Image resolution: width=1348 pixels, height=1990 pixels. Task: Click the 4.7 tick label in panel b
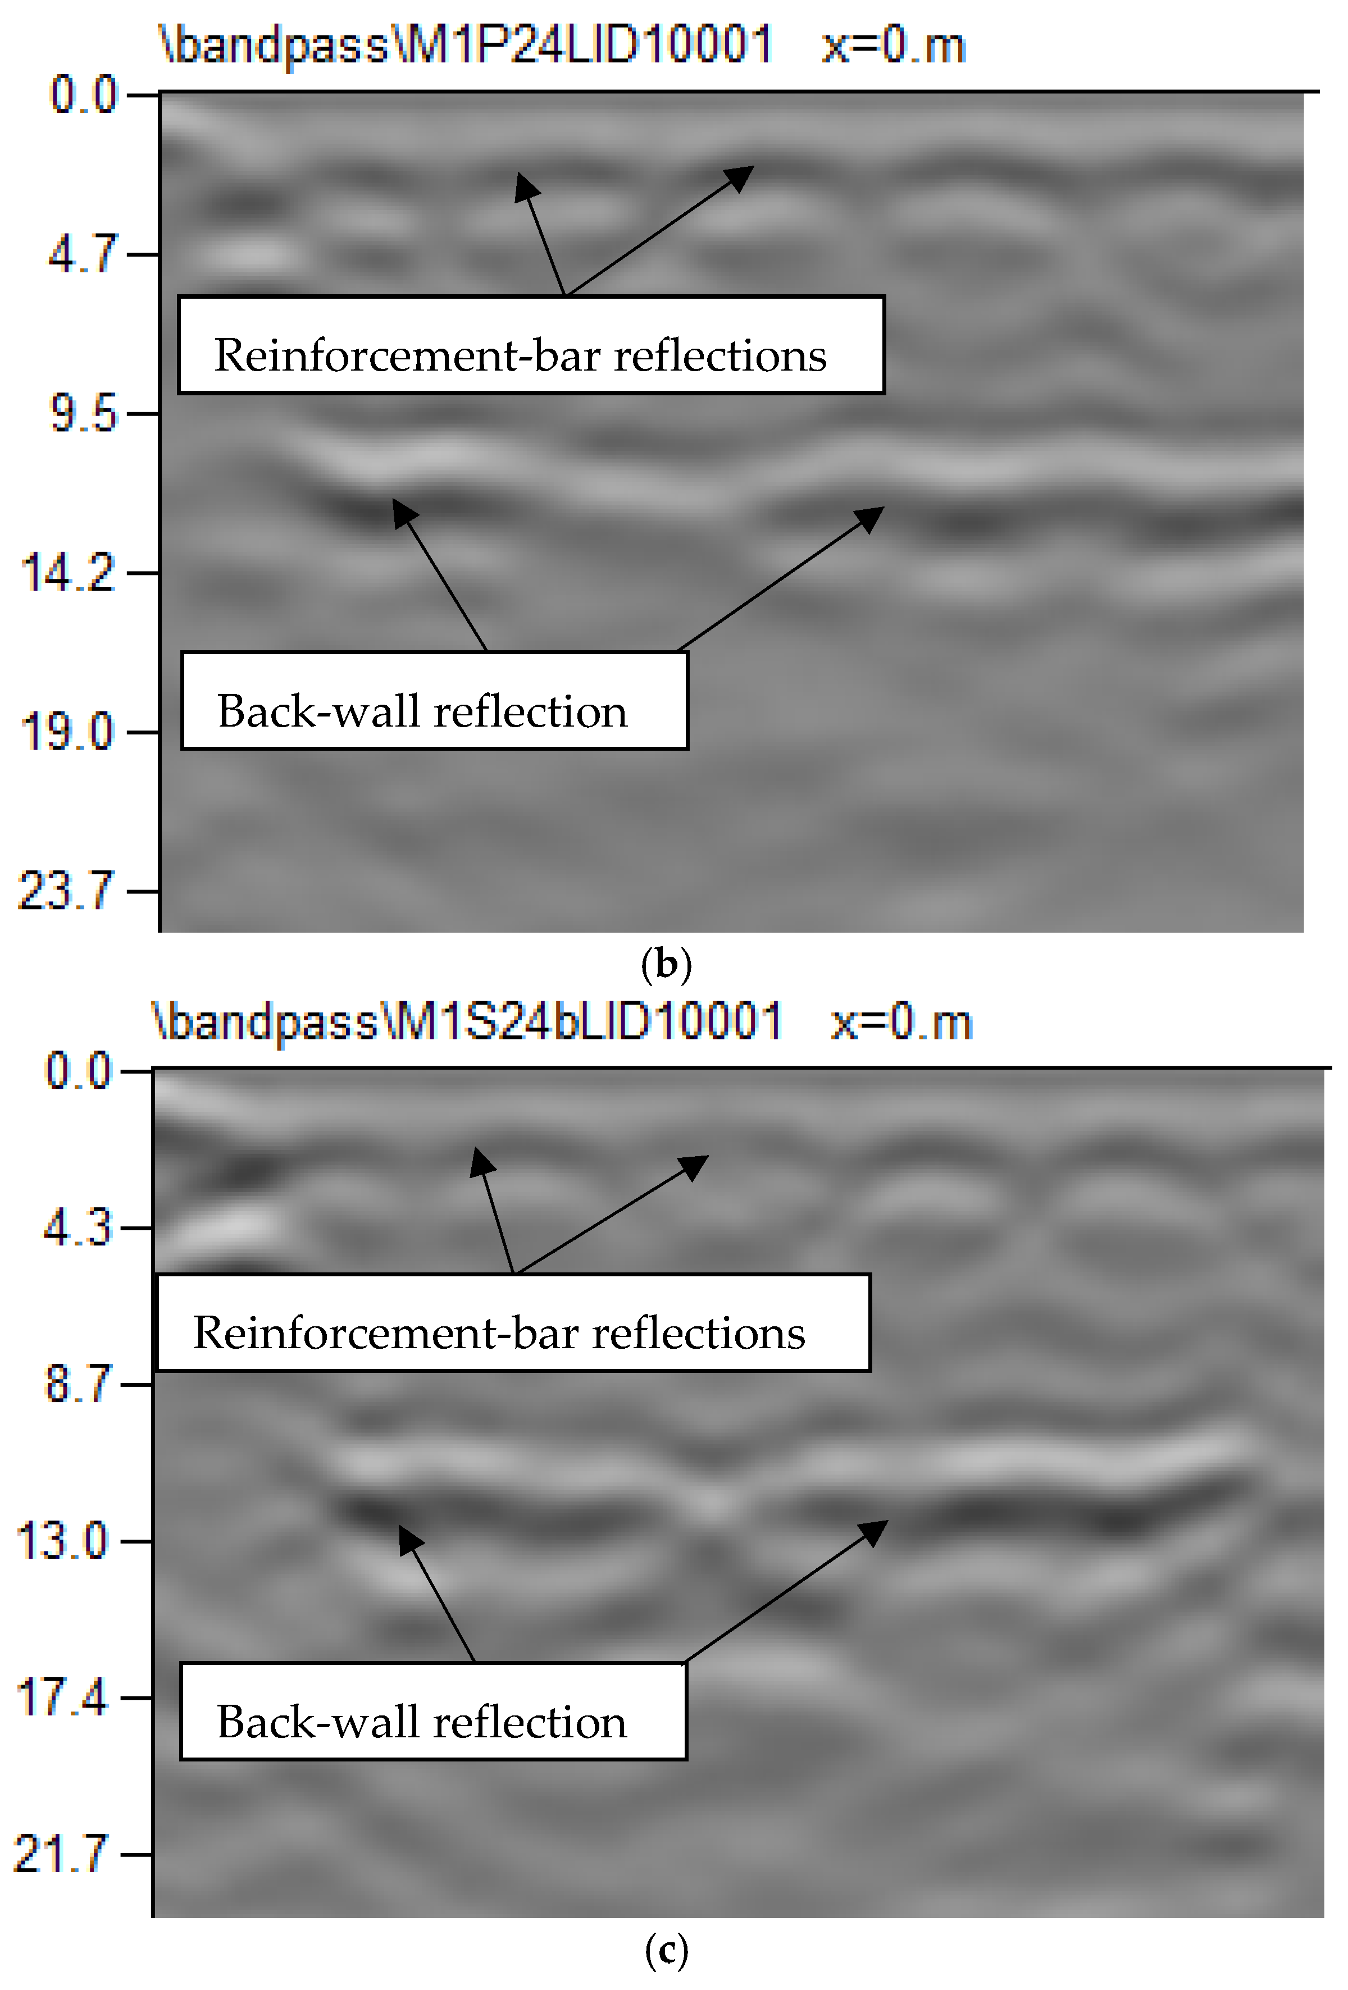82,254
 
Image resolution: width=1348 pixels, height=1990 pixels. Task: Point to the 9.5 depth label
82,414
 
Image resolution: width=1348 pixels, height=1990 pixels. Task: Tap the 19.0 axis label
67,732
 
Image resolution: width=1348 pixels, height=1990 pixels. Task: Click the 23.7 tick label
65,891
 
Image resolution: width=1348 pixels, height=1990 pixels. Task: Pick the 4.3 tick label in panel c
77,1229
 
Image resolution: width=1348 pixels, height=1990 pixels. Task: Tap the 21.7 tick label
62,1854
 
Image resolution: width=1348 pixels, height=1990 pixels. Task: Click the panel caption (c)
666,1951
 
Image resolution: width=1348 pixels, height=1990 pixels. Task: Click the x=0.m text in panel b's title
893,44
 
